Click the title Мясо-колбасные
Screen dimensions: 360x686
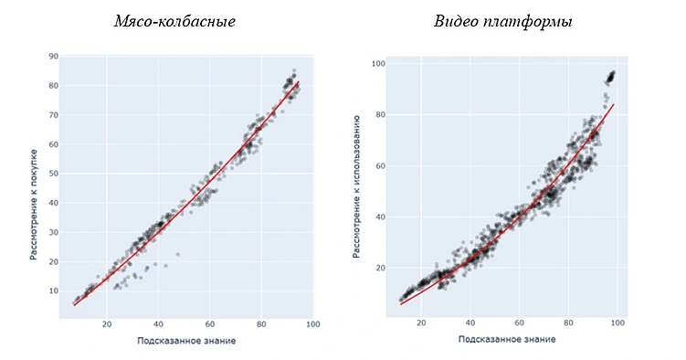[174, 21]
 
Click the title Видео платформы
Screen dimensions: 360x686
[503, 21]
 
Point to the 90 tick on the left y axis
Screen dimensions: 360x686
[53, 57]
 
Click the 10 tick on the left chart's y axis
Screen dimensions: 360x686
[53, 291]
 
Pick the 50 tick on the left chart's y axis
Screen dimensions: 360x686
[53, 174]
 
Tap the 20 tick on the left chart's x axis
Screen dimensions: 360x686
[107, 323]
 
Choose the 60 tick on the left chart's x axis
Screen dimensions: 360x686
[209, 323]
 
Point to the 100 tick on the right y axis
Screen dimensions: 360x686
[378, 64]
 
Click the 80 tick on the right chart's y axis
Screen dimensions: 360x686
[380, 115]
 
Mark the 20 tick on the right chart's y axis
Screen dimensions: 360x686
[380, 268]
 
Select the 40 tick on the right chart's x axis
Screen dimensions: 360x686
[470, 323]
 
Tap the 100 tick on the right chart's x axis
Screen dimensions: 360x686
[618, 323]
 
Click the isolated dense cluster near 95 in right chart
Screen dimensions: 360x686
[609, 77]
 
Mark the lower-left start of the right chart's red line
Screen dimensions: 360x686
[401, 303]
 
